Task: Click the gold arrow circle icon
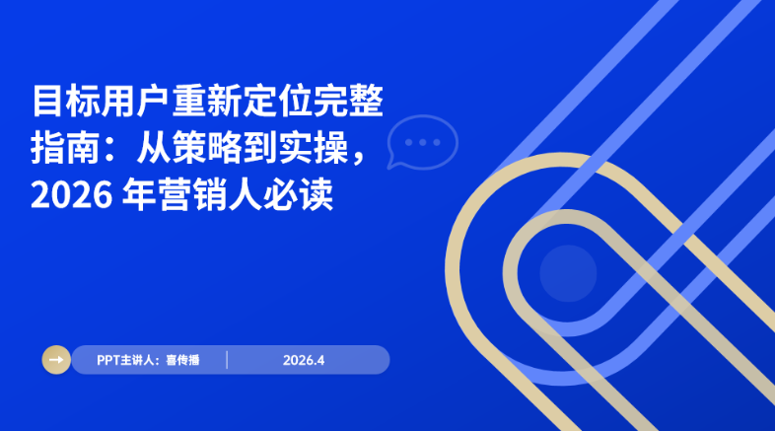[56, 360]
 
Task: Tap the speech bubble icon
[422, 144]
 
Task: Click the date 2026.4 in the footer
[303, 360]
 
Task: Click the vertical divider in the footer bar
[228, 360]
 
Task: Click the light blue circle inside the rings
[568, 270]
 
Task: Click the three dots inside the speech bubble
[423, 142]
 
